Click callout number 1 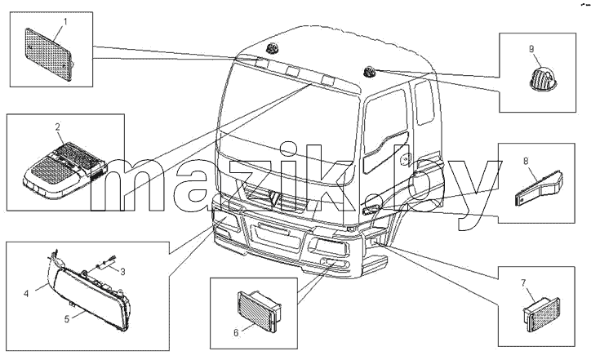pos(65,21)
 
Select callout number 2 pos(58,127)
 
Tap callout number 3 pos(122,271)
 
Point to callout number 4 pos(26,293)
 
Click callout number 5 pos(67,319)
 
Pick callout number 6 pos(236,333)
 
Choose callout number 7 pos(523,282)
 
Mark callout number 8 pos(526,161)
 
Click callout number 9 pos(531,49)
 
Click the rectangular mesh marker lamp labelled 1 pos(48,54)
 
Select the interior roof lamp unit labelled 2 pos(64,171)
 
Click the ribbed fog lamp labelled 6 pos(259,311)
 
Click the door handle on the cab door pos(404,158)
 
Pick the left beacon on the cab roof pos(271,48)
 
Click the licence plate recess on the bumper pos(273,234)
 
